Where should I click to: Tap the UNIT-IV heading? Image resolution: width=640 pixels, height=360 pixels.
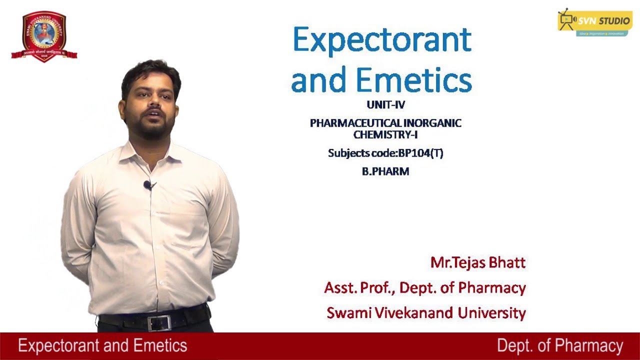pyautogui.click(x=385, y=105)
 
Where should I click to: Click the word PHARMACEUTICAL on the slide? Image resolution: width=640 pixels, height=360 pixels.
pyautogui.click(x=355, y=123)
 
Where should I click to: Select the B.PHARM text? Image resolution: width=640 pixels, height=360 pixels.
pyautogui.click(x=385, y=171)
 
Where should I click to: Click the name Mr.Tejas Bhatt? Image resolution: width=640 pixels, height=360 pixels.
pyautogui.click(x=477, y=262)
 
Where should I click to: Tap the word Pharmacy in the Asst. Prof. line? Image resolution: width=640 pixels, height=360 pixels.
pyautogui.click(x=491, y=288)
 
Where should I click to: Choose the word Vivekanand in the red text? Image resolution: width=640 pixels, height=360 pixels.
pyautogui.click(x=414, y=313)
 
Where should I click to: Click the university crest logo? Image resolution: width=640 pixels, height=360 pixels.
pyautogui.click(x=44, y=36)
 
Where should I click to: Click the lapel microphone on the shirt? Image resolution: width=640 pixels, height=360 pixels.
pyautogui.click(x=147, y=185)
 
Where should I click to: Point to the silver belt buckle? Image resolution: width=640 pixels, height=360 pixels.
pyautogui.click(x=159, y=322)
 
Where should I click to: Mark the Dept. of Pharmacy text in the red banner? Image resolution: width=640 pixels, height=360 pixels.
pyautogui.click(x=559, y=346)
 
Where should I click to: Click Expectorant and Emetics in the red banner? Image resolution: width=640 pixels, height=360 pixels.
pyautogui.click(x=102, y=346)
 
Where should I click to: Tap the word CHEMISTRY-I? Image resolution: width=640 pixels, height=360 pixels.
pyautogui.click(x=385, y=135)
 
